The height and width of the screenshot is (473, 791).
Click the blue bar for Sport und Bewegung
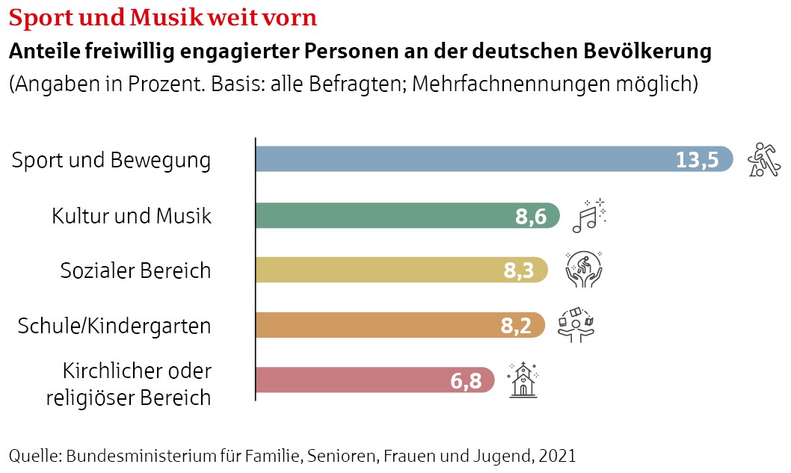(x=464, y=159)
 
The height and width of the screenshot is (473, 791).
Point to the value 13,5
(x=697, y=160)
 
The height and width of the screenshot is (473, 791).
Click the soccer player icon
(x=764, y=159)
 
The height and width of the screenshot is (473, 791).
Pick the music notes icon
(x=588, y=214)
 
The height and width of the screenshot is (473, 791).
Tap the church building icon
(x=523, y=380)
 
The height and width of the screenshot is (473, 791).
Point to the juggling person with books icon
(x=576, y=324)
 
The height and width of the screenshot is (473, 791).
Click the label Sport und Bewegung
(x=111, y=160)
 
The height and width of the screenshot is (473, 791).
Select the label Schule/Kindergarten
(x=114, y=326)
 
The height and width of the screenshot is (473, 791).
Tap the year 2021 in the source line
(x=557, y=455)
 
